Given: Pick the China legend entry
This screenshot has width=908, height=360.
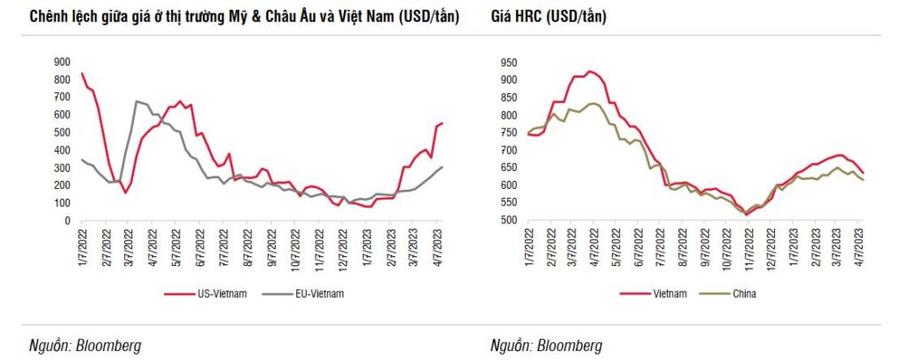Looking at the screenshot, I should (745, 293).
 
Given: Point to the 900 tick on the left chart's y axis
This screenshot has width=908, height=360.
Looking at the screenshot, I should (62, 61).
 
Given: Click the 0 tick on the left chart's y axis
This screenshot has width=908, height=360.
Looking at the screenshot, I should (67, 221).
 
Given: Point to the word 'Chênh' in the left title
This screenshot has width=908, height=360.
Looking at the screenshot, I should (51, 18).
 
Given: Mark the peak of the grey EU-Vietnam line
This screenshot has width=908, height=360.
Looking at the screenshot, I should (137, 101).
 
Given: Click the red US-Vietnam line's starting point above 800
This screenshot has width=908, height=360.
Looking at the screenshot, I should (82, 74).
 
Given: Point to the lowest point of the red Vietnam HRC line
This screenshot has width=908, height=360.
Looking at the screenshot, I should (746, 215).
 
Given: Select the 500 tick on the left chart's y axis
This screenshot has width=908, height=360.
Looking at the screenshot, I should (62, 132).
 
